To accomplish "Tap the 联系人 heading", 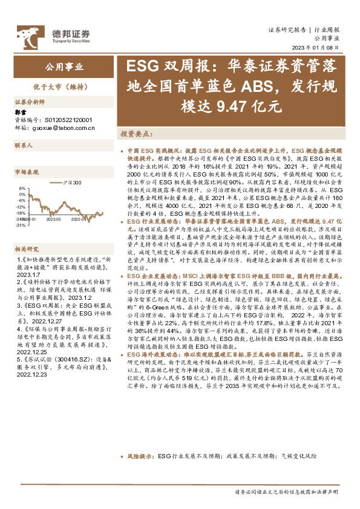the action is [x=24, y=146].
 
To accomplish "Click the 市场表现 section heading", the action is [x=27, y=172].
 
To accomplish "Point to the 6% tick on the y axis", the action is [x=22, y=188].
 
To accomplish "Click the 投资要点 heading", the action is [x=134, y=133].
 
